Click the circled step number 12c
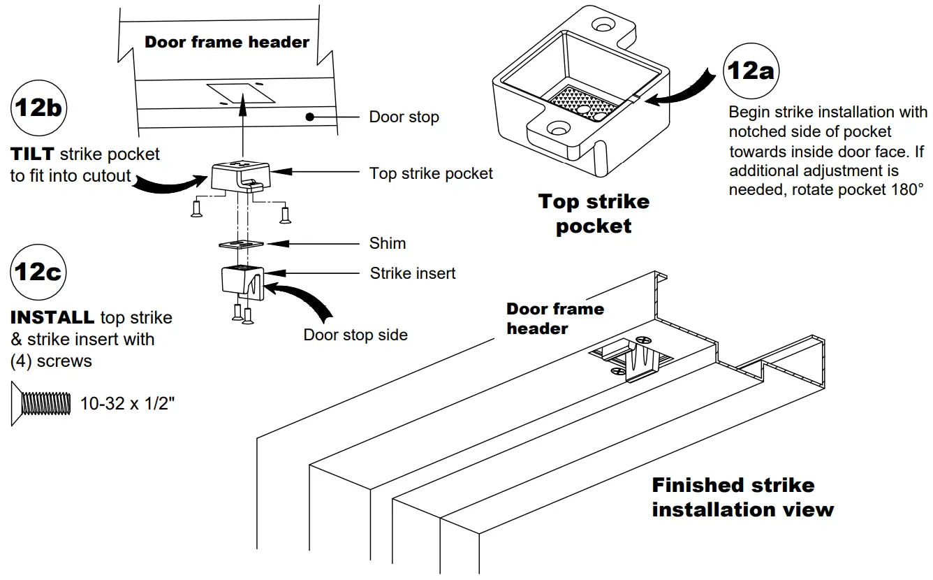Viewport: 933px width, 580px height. coord(40,272)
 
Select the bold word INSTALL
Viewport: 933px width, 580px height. coord(52,317)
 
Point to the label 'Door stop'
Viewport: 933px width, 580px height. coord(404,117)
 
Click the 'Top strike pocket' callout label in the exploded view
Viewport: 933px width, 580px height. coord(431,173)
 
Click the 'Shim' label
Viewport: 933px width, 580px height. coord(387,243)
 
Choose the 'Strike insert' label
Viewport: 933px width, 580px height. coord(412,273)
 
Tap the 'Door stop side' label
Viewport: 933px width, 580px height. coord(355,335)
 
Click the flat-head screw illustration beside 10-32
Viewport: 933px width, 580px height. coord(43,403)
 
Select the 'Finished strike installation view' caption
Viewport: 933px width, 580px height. coord(742,497)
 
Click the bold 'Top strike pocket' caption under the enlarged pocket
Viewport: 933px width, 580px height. coord(594,214)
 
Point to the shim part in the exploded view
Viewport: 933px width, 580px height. coord(240,244)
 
